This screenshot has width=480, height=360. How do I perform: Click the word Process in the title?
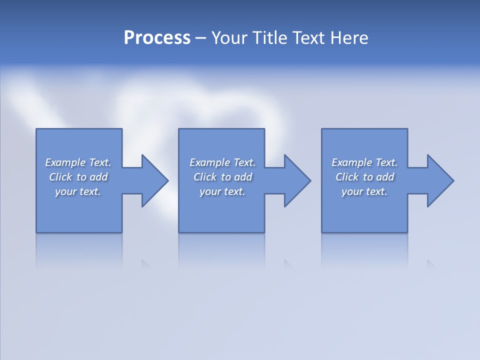tap(157, 38)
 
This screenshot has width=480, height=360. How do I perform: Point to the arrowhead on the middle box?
tap(296, 180)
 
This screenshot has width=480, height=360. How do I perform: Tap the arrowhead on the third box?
tap(439, 180)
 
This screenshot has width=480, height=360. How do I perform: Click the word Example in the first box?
tap(65, 162)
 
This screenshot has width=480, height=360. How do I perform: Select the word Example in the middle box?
tap(210, 162)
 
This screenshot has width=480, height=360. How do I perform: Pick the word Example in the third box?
tap(352, 162)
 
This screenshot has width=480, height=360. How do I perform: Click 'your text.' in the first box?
tap(78, 191)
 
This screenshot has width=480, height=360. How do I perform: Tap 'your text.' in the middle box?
tap(222, 191)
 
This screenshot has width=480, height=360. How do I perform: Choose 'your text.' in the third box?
tap(364, 191)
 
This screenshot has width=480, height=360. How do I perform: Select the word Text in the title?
tap(309, 38)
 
